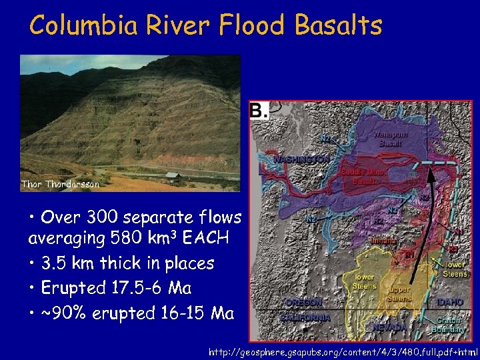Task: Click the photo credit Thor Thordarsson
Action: click(60, 184)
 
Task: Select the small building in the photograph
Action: click(172, 176)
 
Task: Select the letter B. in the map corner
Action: click(259, 111)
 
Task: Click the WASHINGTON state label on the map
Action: click(301, 160)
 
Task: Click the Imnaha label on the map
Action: click(383, 239)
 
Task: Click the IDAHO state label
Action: click(450, 302)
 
